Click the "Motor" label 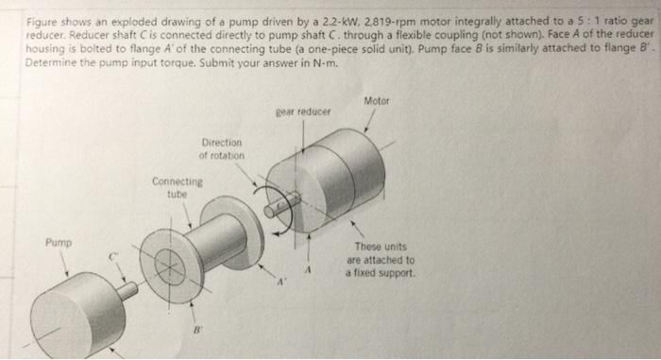[376, 101]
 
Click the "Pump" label [59, 242]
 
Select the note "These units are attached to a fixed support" [380, 259]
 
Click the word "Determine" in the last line [54, 64]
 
